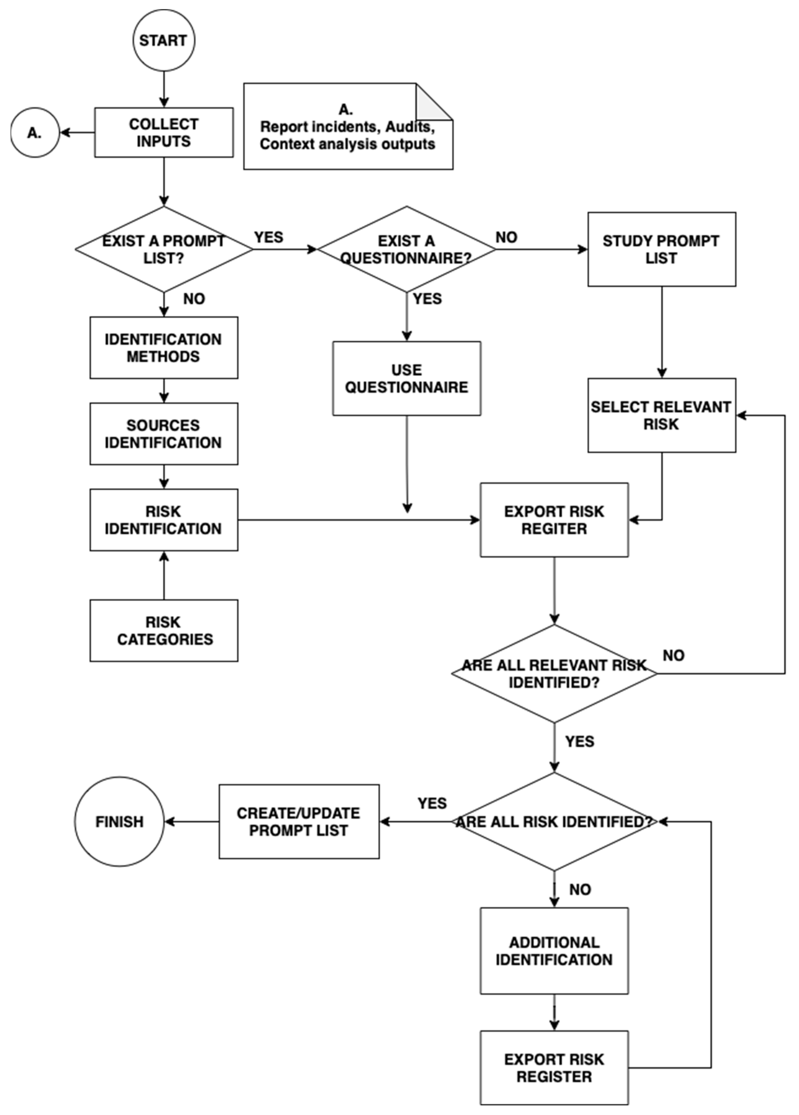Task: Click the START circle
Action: pyautogui.click(x=163, y=40)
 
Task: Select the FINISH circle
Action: pyautogui.click(x=119, y=821)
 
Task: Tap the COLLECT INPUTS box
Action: pyautogui.click(x=164, y=133)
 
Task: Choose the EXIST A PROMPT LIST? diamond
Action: pyautogui.click(x=164, y=249)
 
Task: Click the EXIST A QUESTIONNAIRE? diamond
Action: pyautogui.click(x=406, y=249)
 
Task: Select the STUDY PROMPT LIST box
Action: pyautogui.click(x=661, y=249)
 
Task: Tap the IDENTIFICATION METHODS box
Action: pyautogui.click(x=164, y=348)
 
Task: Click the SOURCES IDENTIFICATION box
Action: pyautogui.click(x=164, y=434)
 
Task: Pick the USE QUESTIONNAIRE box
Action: pyautogui.click(x=406, y=379)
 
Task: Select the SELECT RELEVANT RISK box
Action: pyautogui.click(x=661, y=416)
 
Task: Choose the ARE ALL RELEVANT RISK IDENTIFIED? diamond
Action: pyautogui.click(x=554, y=674)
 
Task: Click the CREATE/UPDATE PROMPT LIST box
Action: pyautogui.click(x=299, y=821)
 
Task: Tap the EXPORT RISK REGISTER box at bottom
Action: pyautogui.click(x=554, y=1068)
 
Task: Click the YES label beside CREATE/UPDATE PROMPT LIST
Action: pyautogui.click(x=432, y=803)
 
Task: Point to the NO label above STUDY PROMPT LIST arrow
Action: pyautogui.click(x=506, y=237)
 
